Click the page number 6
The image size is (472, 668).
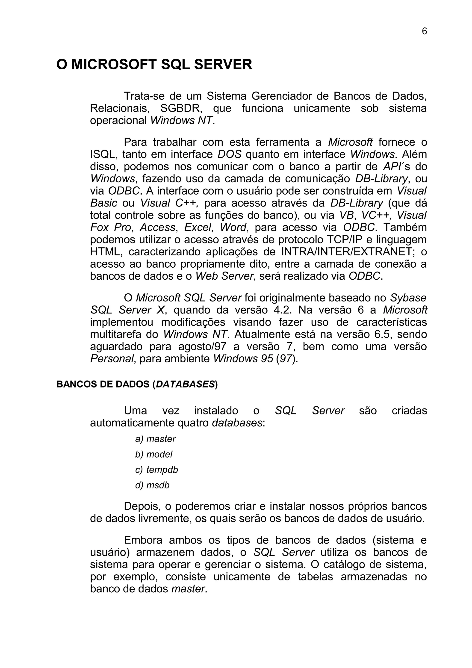424,31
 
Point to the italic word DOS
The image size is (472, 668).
230,154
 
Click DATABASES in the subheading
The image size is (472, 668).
185,384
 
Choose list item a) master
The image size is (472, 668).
155,439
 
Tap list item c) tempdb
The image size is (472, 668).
156,470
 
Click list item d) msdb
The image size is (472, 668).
152,485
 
